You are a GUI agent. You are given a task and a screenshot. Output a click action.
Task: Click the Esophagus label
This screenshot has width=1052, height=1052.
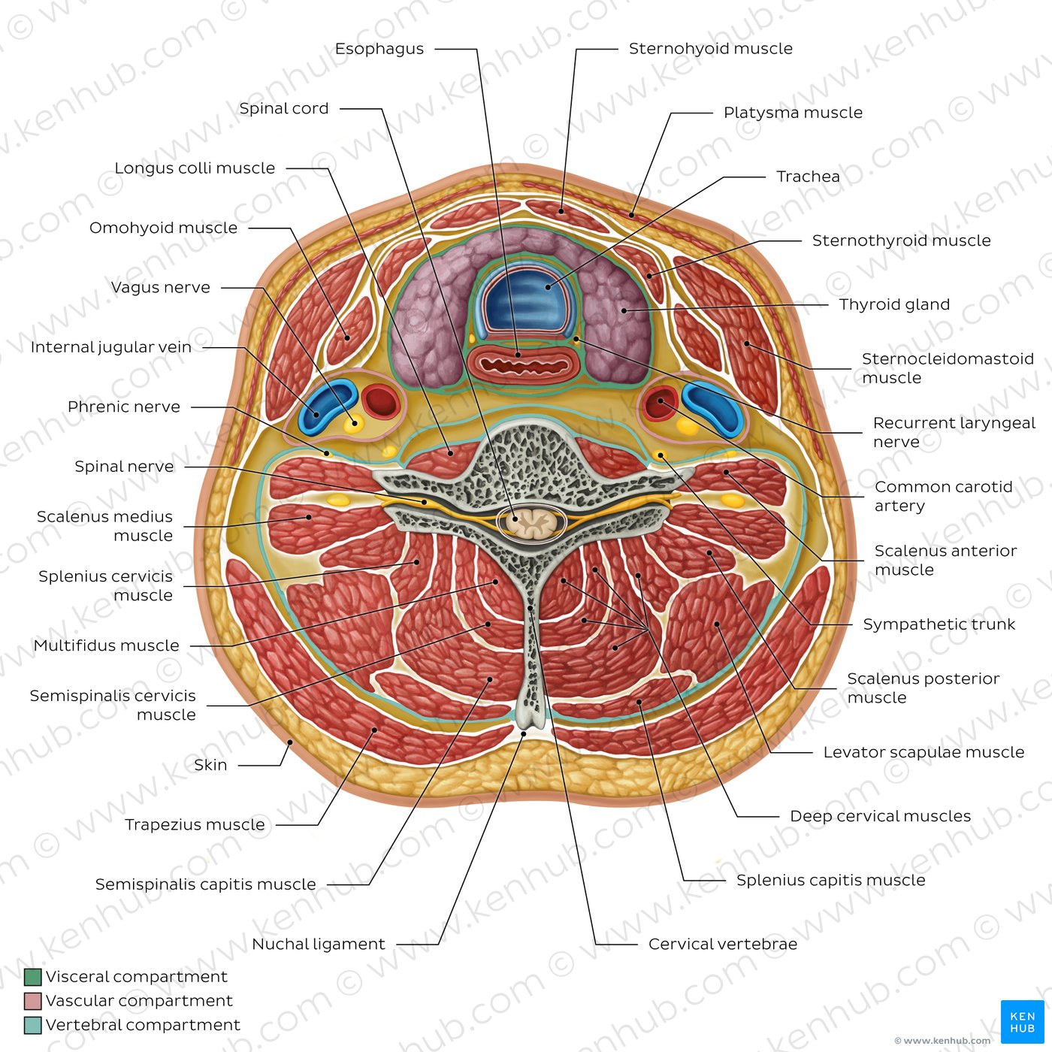379,49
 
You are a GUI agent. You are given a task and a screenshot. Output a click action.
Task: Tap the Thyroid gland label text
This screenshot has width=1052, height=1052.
894,304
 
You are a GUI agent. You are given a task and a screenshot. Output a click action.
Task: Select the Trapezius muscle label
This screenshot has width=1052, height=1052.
195,824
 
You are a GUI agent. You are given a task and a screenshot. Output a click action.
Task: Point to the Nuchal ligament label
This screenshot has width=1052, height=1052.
318,944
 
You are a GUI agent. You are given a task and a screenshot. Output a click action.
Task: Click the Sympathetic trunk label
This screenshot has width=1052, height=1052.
939,624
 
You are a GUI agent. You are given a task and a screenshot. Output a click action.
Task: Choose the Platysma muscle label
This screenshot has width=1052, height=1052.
793,113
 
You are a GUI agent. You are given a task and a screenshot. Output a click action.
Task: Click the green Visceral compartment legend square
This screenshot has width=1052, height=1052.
33,977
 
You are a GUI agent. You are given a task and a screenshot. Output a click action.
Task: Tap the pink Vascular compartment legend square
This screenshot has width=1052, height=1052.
33,1001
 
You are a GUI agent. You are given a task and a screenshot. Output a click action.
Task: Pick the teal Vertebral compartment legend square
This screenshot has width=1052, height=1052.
33,1025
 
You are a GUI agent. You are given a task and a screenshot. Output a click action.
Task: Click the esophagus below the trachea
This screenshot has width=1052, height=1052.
524,364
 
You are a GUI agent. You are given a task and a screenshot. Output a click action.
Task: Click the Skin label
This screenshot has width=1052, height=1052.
210,765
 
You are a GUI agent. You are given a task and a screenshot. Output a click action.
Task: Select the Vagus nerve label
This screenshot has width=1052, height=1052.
161,287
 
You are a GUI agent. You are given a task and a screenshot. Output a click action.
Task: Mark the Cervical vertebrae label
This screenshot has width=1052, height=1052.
723,944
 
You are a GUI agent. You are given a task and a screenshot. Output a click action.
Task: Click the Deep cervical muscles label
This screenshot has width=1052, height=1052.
880,816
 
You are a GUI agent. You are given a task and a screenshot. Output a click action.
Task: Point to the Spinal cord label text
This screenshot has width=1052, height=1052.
284,108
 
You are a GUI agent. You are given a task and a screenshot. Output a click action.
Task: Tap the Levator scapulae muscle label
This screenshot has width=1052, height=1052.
924,752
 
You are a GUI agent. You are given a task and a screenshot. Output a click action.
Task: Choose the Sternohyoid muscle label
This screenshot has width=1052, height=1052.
710,49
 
